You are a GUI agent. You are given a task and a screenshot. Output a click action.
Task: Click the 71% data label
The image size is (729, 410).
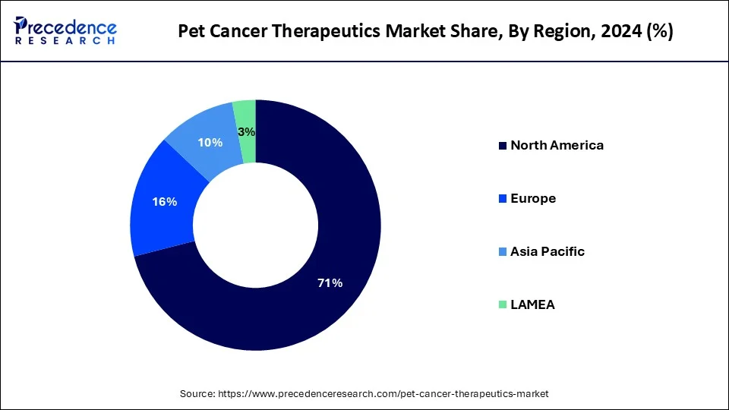[x=330, y=283]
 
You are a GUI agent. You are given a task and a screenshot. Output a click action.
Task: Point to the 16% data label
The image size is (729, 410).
[x=165, y=202]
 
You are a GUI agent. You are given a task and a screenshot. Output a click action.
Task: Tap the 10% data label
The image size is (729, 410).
[x=210, y=143]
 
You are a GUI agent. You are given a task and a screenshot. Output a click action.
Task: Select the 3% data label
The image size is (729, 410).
[x=246, y=132]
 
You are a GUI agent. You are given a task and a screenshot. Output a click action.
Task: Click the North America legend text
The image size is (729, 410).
[x=557, y=145]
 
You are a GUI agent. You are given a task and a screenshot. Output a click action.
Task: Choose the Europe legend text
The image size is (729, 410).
[x=533, y=198]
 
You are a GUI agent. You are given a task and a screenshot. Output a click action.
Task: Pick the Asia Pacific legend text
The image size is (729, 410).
[x=548, y=251]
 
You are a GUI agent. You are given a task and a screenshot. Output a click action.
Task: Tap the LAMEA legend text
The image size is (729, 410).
[x=532, y=304]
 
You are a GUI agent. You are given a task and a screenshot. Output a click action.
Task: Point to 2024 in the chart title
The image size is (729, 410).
[x=596, y=32]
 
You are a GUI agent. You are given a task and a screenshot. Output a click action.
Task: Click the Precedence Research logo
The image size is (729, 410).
[x=65, y=30]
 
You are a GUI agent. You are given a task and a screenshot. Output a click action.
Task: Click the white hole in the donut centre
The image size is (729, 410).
[x=256, y=225]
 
